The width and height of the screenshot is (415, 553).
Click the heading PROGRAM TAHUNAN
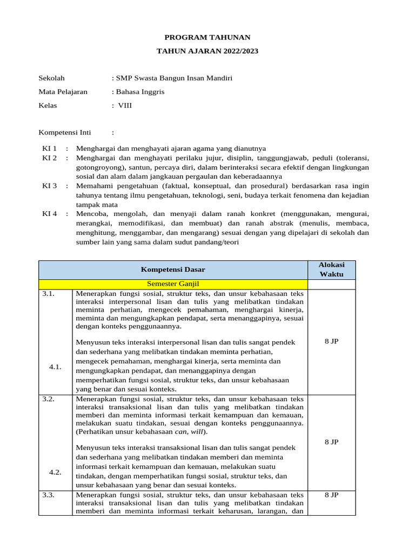(x=207, y=37)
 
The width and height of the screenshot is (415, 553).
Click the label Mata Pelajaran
(x=63, y=92)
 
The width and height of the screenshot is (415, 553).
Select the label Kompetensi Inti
(x=65, y=132)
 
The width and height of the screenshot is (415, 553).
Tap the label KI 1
(x=50, y=149)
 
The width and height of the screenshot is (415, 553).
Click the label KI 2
(x=50, y=158)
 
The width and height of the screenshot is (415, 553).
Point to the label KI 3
(x=50, y=186)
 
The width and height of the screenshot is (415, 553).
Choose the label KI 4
(x=50, y=214)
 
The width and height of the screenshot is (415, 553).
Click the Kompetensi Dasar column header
(x=173, y=269)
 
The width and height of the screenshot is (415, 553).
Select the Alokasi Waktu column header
(x=331, y=269)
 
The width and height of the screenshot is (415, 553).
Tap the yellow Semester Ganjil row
(x=173, y=284)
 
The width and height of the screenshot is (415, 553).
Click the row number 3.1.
(x=49, y=294)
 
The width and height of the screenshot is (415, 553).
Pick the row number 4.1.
(x=55, y=367)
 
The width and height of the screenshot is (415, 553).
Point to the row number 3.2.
(x=49, y=399)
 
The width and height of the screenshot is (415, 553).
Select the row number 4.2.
(x=55, y=472)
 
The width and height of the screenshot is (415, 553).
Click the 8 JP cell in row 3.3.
(x=331, y=495)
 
